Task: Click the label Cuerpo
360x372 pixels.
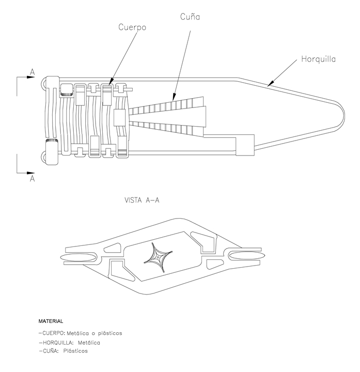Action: click(132, 27)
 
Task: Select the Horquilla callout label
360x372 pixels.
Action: click(318, 59)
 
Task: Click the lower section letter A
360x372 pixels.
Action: click(32, 178)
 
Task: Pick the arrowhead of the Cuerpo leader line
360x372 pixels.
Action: click(109, 82)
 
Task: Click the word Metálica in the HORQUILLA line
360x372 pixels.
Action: click(88, 343)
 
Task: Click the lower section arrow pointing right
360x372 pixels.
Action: click(30, 172)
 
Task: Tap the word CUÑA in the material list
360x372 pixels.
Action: click(49, 351)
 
